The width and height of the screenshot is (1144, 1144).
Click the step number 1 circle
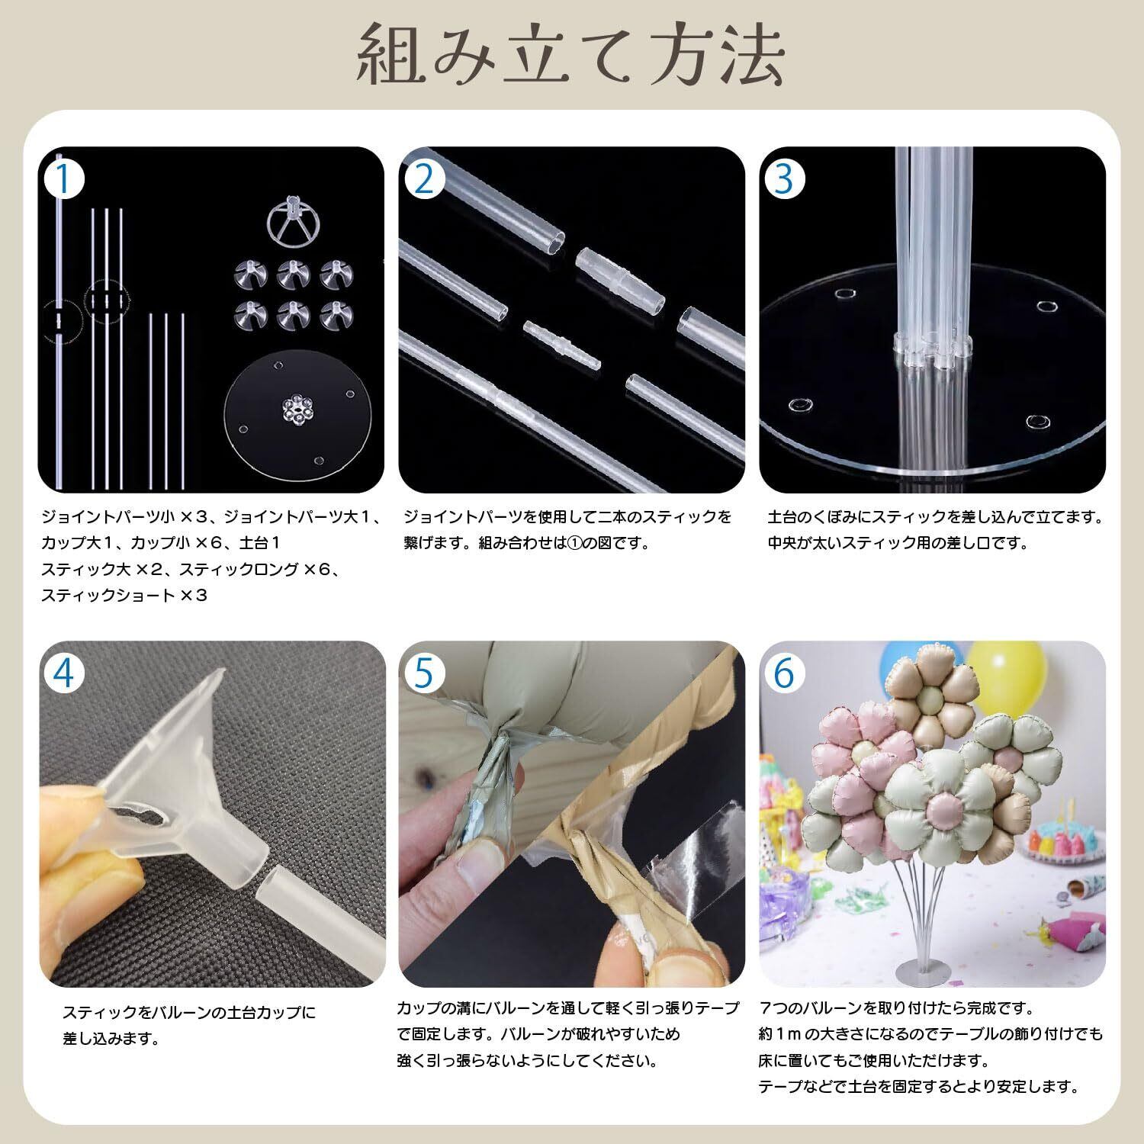pyautogui.click(x=66, y=181)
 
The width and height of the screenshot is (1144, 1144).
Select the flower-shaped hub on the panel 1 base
pyautogui.click(x=296, y=410)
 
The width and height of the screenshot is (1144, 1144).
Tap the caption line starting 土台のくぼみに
pyautogui.click(x=936, y=517)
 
